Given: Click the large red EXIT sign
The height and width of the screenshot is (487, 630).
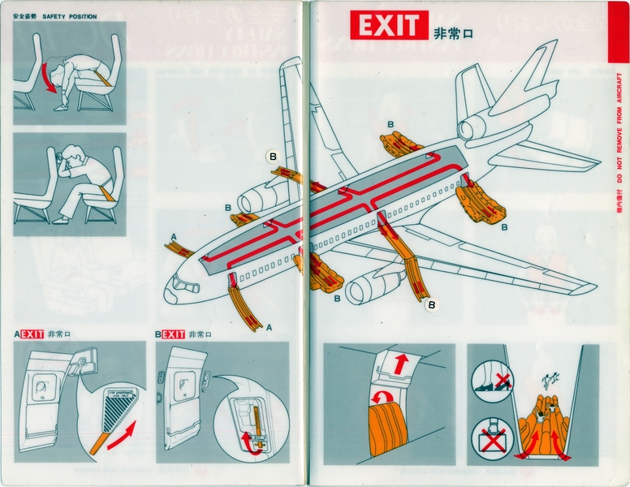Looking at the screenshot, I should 388,26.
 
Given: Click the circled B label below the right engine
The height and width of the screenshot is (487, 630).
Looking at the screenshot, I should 433,304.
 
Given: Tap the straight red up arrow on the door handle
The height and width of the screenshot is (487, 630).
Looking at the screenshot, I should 399,364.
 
